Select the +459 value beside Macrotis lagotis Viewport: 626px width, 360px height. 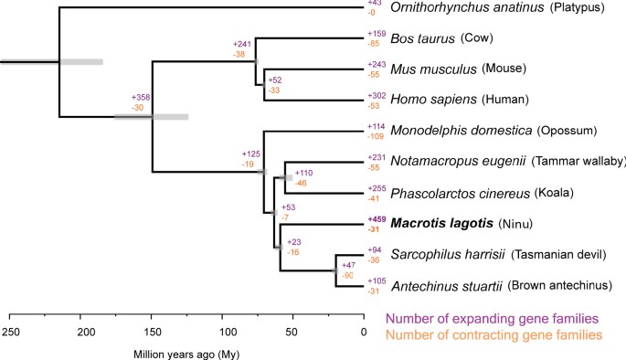pos(376,219)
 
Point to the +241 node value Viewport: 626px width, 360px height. pos(241,43)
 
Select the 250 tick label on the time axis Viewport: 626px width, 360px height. pos(11,330)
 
